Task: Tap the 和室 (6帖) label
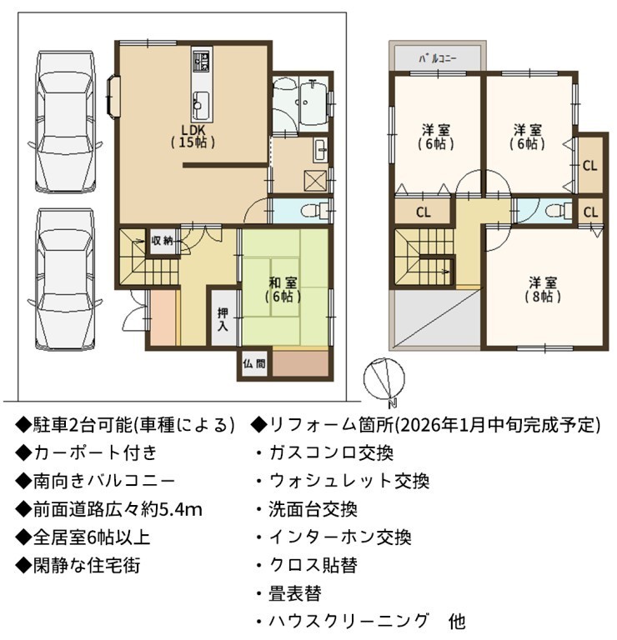pos(283,289)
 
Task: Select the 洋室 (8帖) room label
pos(543,289)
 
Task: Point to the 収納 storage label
pos(163,241)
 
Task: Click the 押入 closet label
pos(223,320)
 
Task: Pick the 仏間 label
pos(254,362)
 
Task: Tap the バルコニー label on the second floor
pos(437,58)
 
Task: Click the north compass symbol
pos(384,378)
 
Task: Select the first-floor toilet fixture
pos(314,210)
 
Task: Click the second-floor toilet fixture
pos(561,211)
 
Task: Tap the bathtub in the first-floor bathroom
pos(313,102)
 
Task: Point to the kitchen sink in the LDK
pos(200,104)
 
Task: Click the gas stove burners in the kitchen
pos(201,60)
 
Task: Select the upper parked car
pos(65,122)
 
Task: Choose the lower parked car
pos(65,279)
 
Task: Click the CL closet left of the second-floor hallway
pos(423,212)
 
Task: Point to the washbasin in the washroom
pos(320,150)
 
